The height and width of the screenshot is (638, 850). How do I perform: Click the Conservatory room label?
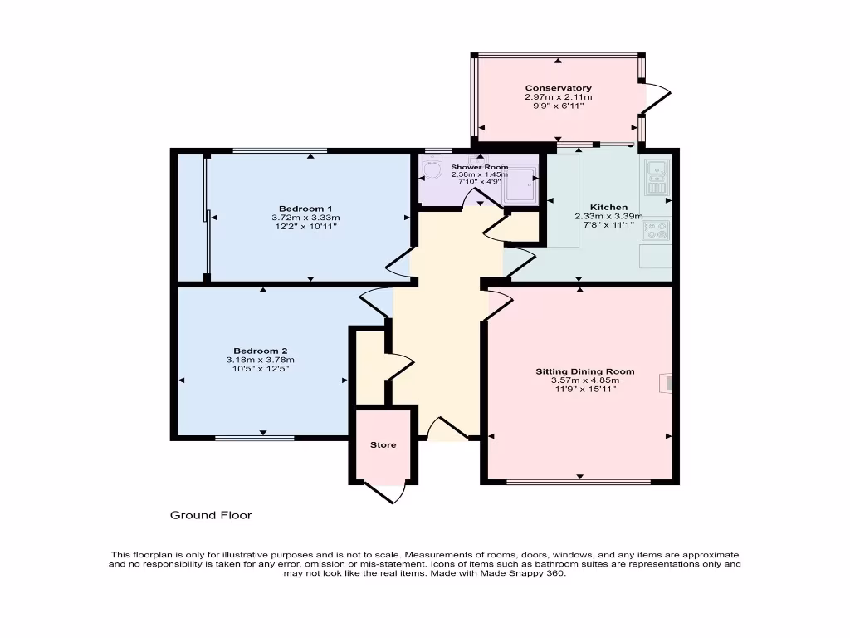(558, 88)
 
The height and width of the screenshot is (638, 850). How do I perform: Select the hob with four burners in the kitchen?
(656, 230)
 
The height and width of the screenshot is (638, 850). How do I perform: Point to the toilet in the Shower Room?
(432, 171)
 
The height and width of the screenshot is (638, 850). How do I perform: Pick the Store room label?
(383, 445)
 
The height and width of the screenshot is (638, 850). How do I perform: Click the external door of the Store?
(393, 492)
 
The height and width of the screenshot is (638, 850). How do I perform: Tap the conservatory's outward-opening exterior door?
(656, 98)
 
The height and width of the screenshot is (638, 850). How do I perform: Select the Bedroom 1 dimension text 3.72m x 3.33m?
(305, 218)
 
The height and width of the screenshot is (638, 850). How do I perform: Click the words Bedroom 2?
(260, 351)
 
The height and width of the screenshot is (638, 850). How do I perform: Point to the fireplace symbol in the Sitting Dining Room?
(666, 383)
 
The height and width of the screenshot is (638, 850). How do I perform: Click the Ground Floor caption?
(211, 516)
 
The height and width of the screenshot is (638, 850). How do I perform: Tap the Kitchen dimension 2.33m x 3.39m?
(608, 217)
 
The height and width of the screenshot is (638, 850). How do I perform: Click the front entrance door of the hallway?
(448, 429)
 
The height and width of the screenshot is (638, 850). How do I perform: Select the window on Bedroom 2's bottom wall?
(254, 437)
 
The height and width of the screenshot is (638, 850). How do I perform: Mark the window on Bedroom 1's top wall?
(279, 151)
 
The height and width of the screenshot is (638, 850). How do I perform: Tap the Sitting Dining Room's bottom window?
(579, 482)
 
